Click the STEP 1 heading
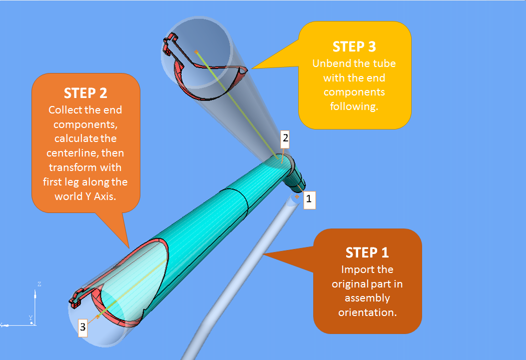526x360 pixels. tap(367, 252)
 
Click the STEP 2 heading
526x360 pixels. tap(85, 93)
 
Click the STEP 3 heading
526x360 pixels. tap(354, 46)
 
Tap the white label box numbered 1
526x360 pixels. tap(308, 199)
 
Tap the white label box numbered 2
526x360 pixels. tap(285, 138)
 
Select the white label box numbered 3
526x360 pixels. tap(83, 327)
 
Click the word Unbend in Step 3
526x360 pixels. tap(329, 64)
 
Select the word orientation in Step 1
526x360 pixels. tap(367, 313)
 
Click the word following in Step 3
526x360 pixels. tap(354, 106)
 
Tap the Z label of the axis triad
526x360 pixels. tap(39, 284)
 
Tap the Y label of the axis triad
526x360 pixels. tap(30, 318)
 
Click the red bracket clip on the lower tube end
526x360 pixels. tap(76, 298)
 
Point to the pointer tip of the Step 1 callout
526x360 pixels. tap(263, 254)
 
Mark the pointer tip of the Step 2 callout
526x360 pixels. tap(129, 248)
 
